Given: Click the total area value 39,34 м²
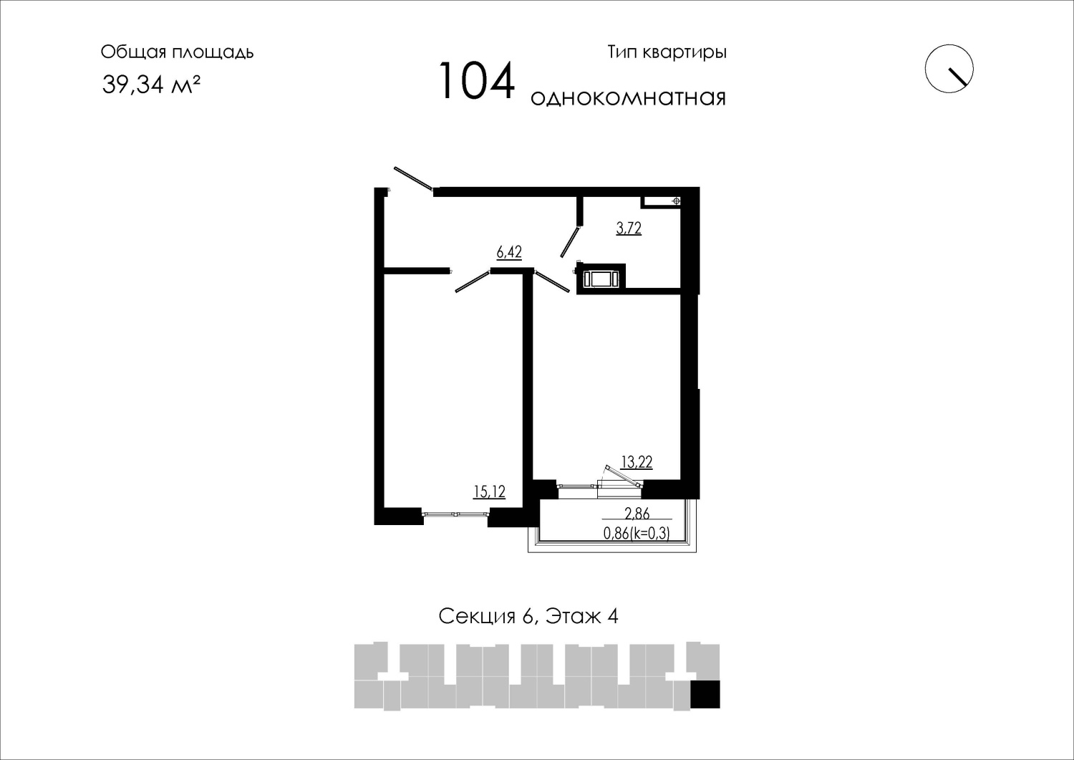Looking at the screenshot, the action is (150, 85).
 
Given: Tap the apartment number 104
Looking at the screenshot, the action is (477, 81).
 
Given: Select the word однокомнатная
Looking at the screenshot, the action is (628, 98).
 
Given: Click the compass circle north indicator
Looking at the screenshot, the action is (949, 69).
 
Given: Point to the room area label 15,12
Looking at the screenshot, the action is (490, 491).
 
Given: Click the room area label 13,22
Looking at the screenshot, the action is (637, 461).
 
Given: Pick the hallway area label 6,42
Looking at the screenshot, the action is (508, 252).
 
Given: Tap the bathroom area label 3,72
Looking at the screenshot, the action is (629, 228).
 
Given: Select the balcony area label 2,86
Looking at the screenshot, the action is (637, 514).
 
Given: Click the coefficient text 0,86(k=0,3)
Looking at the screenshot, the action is (637, 533).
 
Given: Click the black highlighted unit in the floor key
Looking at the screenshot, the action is (705, 694).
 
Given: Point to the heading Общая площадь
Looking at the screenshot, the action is (177, 52).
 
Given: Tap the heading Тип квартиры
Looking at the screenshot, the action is (667, 52).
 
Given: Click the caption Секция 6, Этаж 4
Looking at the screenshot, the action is (528, 617).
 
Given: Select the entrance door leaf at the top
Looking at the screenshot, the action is (414, 178).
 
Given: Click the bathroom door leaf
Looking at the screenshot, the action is (571, 241).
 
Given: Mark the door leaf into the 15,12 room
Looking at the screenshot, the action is (473, 282).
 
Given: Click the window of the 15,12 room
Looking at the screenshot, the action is (455, 514).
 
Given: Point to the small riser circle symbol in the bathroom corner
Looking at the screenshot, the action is (677, 201).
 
